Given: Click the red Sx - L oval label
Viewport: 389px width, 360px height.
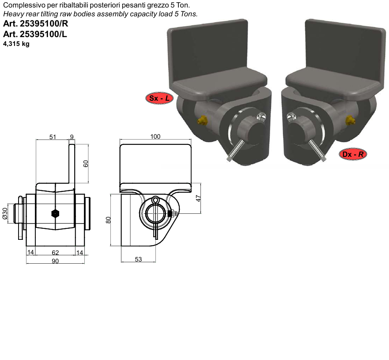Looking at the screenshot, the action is (x=159, y=98).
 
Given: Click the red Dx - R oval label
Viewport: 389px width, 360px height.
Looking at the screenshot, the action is (x=352, y=154).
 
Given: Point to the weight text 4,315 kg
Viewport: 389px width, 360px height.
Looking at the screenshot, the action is (x=16, y=44).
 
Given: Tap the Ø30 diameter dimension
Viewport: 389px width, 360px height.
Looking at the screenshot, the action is (x=5, y=213).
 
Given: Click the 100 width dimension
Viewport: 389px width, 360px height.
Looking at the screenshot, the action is (x=155, y=136).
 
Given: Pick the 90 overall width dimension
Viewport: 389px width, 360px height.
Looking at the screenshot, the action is (x=55, y=261).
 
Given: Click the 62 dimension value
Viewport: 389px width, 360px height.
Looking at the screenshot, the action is (x=55, y=253).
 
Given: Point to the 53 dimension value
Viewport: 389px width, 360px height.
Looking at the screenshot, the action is (x=138, y=259).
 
